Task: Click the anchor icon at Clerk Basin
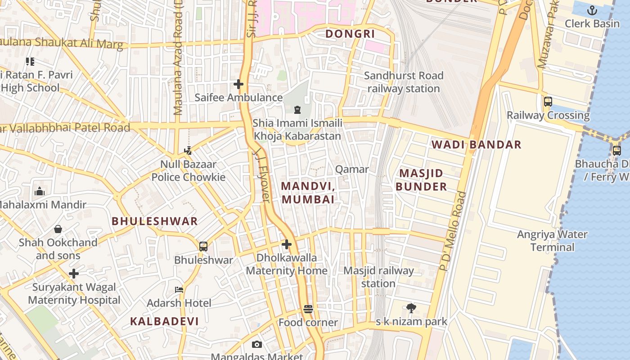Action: coord(592,10)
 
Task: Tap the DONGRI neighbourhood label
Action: coord(350,34)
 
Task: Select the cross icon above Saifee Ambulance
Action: coord(238,84)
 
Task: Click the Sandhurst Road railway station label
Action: coord(404,82)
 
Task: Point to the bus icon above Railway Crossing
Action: coord(548,102)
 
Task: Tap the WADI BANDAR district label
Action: coord(477,144)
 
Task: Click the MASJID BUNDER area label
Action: coord(421,180)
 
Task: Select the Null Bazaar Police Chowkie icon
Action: coord(188,151)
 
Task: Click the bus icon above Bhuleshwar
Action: coord(203,247)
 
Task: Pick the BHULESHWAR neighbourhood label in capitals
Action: coord(154,221)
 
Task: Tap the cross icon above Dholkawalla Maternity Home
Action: coord(287,244)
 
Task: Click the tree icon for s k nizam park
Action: coord(411,308)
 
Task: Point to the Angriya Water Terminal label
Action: coord(552,241)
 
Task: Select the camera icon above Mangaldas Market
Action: coord(257,344)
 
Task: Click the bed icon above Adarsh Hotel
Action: coord(179,290)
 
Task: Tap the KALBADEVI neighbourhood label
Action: coord(164,321)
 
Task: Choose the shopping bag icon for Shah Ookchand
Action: coord(58,229)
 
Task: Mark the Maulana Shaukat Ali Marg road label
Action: coord(61,44)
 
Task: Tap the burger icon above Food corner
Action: coord(308,309)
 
